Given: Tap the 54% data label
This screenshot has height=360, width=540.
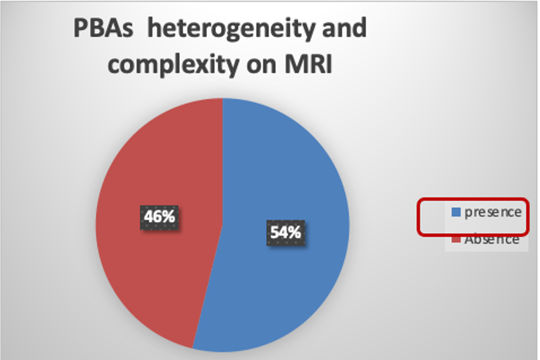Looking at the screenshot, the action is click(x=286, y=233).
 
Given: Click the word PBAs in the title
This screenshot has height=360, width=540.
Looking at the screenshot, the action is click(x=103, y=28).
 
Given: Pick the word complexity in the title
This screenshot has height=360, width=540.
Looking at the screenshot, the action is click(x=173, y=66).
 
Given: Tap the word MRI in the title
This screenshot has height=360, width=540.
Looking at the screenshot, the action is click(x=308, y=64).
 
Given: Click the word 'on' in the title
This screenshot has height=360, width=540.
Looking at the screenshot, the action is click(x=261, y=66).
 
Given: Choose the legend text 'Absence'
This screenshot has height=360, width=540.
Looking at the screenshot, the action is click(x=492, y=240).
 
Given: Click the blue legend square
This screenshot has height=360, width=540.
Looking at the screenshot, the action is click(x=456, y=212).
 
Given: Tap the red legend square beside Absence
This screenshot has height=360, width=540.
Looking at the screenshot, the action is click(x=456, y=239).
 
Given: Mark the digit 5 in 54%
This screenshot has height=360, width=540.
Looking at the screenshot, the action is click(x=275, y=233).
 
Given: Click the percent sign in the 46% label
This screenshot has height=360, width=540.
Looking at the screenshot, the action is click(x=168, y=216).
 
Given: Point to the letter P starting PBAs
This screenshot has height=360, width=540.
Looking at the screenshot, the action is click(x=80, y=28).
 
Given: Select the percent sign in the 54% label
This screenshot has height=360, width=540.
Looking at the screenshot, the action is click(x=294, y=233).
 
